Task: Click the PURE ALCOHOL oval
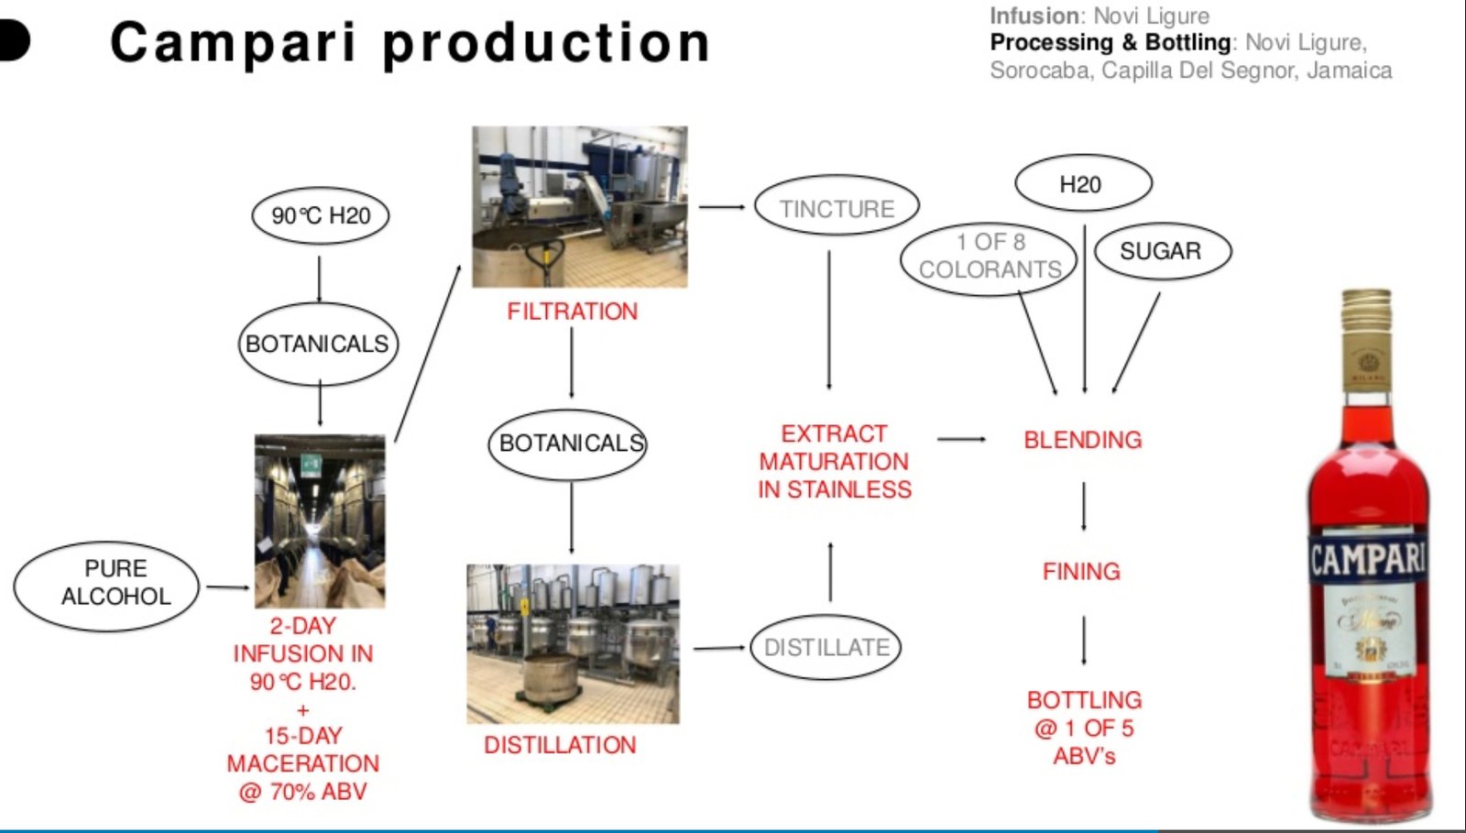pyautogui.click(x=106, y=584)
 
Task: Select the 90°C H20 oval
pyautogui.click(x=321, y=215)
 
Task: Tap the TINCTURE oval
pyautogui.click(x=837, y=207)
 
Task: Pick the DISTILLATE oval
pyautogui.click(x=826, y=647)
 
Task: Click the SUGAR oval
pyautogui.click(x=1161, y=250)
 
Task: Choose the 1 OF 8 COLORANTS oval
pyautogui.click(x=989, y=258)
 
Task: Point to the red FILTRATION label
pyautogui.click(x=572, y=312)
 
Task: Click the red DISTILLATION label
pyautogui.click(x=560, y=745)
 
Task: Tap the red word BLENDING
pyautogui.click(x=1082, y=440)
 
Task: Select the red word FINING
pyautogui.click(x=1081, y=572)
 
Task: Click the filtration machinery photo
pyautogui.click(x=579, y=207)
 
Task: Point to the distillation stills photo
pyautogui.click(x=573, y=643)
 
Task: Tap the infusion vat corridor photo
pyautogui.click(x=320, y=521)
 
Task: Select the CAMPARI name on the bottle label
pyautogui.click(x=1367, y=558)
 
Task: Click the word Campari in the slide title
pyautogui.click(x=233, y=43)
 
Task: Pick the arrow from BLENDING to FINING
pyautogui.click(x=1083, y=506)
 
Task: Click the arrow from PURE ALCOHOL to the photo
pyautogui.click(x=227, y=586)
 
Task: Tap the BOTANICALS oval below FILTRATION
pyautogui.click(x=568, y=444)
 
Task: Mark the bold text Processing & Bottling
pyautogui.click(x=1110, y=42)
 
